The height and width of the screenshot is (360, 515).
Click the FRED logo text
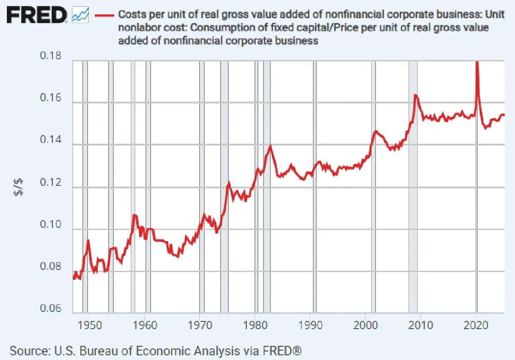pyautogui.click(x=37, y=15)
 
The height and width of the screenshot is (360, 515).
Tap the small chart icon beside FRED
pyautogui.click(x=80, y=15)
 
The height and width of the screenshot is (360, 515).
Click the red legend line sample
pyautogui.click(x=105, y=15)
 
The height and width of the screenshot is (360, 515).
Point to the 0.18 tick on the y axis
pyautogui.click(x=51, y=55)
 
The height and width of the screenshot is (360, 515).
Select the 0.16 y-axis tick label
pyautogui.click(x=51, y=97)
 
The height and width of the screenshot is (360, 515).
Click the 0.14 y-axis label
pyautogui.click(x=51, y=139)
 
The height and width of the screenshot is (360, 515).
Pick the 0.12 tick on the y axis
pyautogui.click(x=51, y=182)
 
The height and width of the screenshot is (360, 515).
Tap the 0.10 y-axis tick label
pyautogui.click(x=51, y=224)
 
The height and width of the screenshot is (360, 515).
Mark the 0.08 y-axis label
pyautogui.click(x=51, y=266)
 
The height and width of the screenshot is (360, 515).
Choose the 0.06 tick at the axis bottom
pyautogui.click(x=51, y=308)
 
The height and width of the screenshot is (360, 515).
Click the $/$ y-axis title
pyautogui.click(x=18, y=188)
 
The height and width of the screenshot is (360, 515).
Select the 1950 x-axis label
pyautogui.click(x=90, y=325)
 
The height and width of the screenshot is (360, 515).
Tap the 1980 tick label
pyautogui.click(x=255, y=325)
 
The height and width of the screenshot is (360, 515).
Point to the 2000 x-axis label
pyautogui.click(x=366, y=325)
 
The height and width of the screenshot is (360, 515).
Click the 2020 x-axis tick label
pyautogui.click(x=476, y=325)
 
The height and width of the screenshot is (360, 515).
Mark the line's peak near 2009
pyautogui.click(x=415, y=95)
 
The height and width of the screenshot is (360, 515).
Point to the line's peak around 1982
pyautogui.click(x=270, y=146)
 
